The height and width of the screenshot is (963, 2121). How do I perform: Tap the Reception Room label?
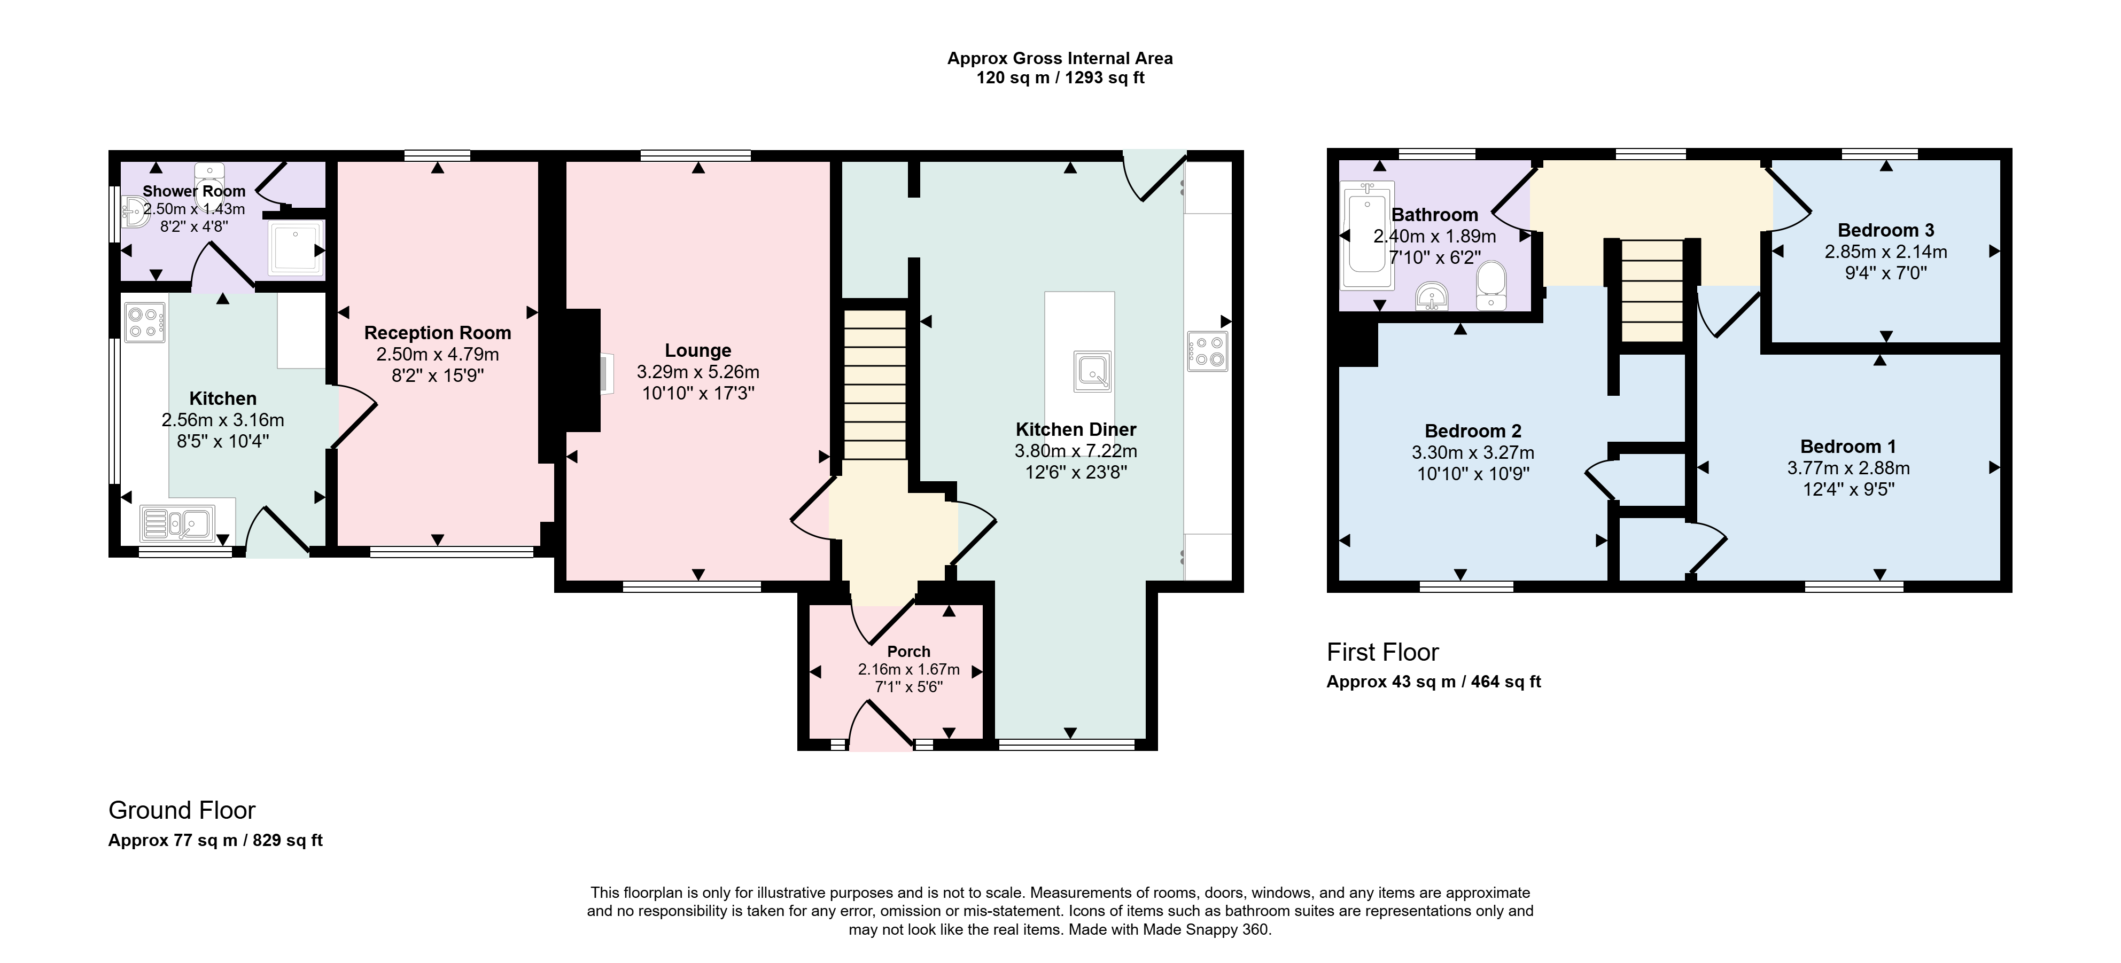tap(437, 333)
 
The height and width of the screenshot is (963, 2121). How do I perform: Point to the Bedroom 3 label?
tap(1885, 230)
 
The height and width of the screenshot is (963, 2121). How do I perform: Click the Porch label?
tap(908, 651)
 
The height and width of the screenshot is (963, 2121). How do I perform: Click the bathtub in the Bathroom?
tap(1368, 236)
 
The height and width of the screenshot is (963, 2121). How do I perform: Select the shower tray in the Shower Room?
tap(294, 248)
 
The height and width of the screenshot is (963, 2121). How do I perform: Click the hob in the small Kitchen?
tap(144, 323)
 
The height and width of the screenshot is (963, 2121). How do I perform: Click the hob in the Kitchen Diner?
tap(1208, 350)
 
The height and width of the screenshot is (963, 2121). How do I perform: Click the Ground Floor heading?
tap(182, 811)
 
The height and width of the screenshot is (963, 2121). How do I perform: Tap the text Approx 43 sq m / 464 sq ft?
tap(1433, 682)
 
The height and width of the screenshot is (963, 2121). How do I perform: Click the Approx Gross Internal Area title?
tap(1060, 58)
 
